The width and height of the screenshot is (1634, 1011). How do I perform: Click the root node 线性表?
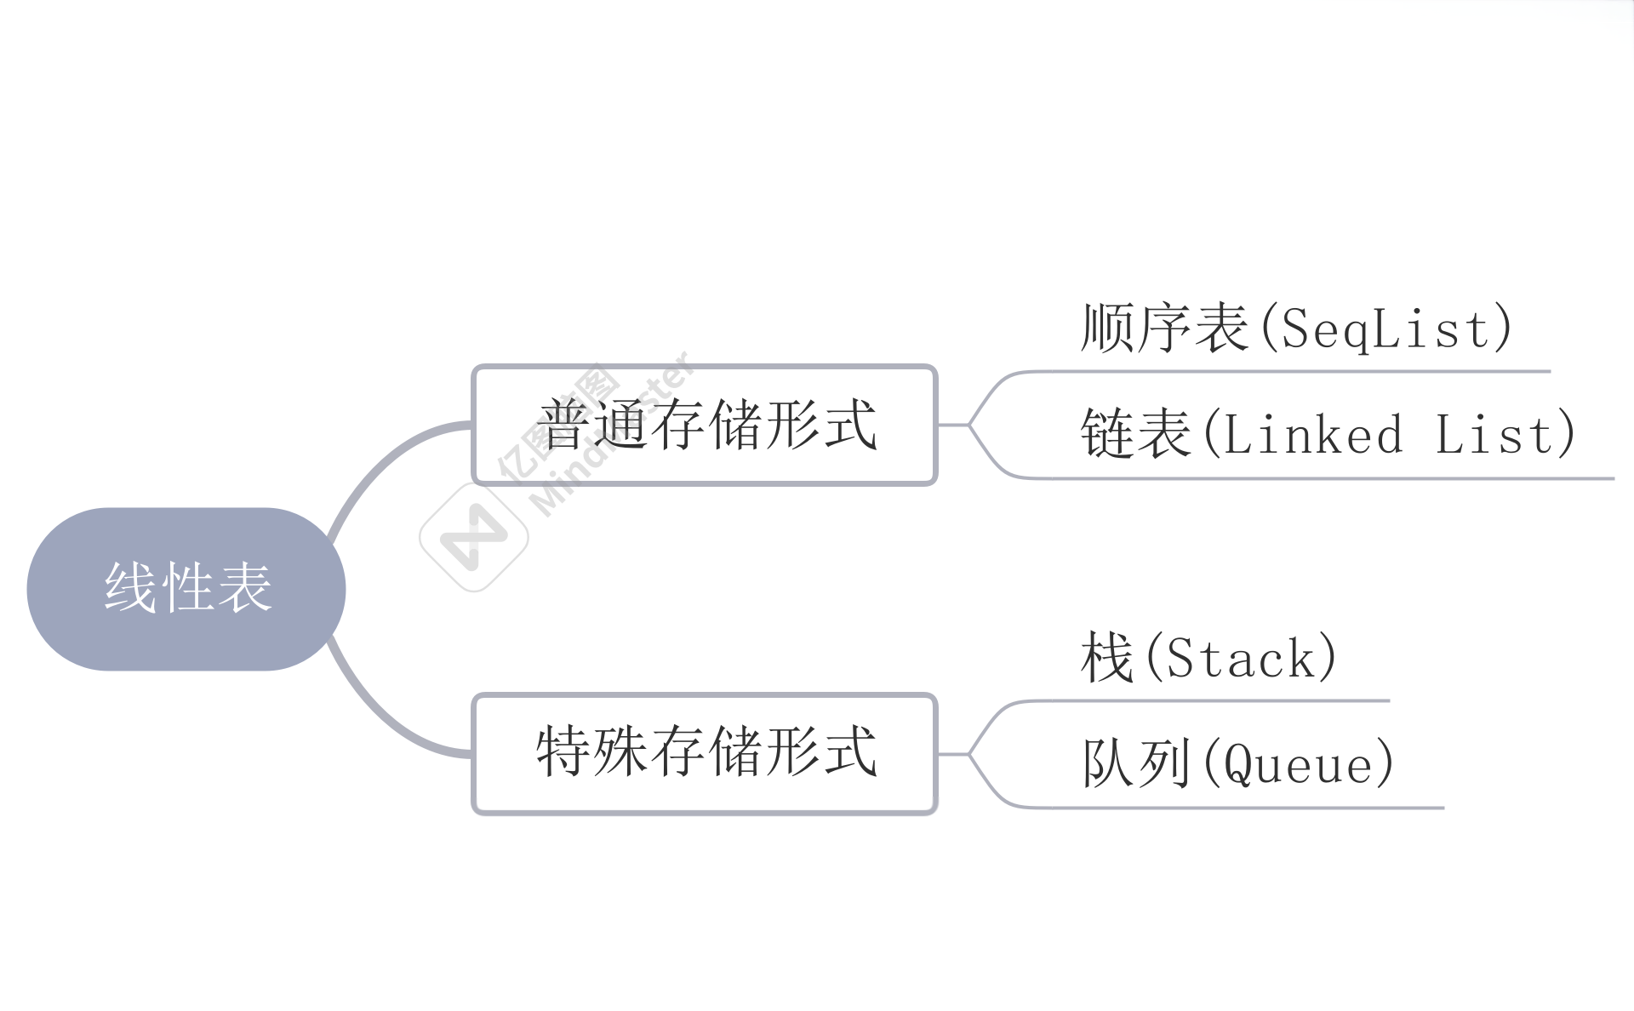(186, 589)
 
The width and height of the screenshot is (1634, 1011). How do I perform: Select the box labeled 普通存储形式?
(705, 425)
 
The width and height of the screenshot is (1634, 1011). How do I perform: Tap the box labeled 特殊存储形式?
(705, 753)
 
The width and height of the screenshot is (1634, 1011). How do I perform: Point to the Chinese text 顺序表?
(1164, 328)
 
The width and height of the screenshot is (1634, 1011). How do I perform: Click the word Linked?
(1313, 435)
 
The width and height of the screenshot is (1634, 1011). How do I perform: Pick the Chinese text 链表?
(1136, 434)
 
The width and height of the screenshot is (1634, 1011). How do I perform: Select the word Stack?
(1242, 659)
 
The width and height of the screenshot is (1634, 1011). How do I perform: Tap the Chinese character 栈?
(1107, 658)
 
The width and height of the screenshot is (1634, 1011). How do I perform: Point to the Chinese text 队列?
(1136, 763)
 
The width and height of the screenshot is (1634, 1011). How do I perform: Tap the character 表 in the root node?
(245, 588)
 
